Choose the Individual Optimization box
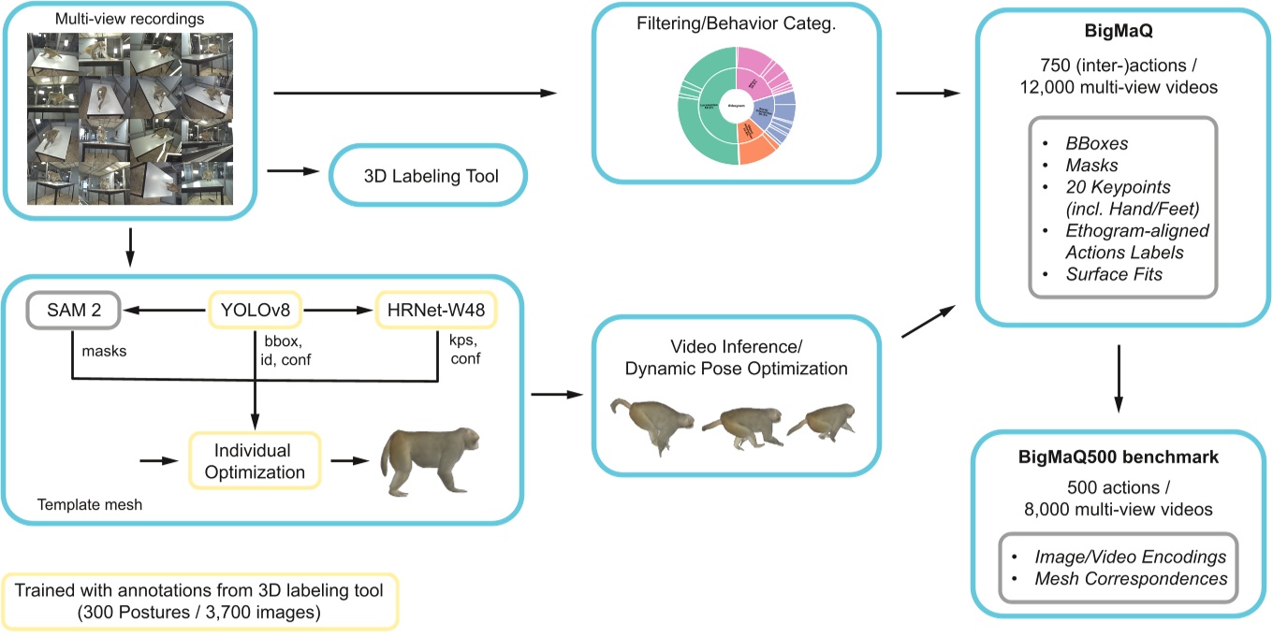(255, 461)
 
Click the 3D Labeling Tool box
(427, 175)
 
